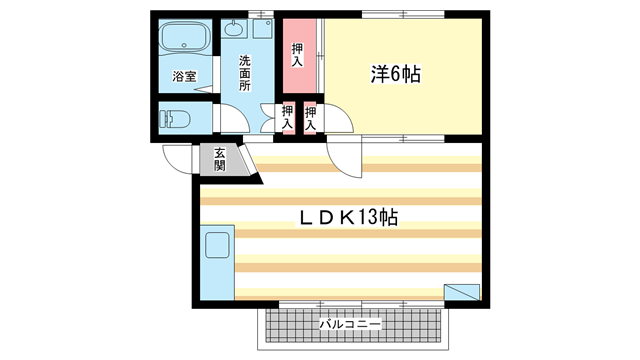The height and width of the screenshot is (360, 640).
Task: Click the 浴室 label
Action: point(183,76)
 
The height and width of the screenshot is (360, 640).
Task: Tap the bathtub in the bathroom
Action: point(183,40)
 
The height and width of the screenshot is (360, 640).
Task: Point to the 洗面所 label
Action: point(244,73)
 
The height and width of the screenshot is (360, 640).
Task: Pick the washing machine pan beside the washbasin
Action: point(262,29)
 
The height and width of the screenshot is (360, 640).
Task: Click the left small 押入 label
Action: point(288,118)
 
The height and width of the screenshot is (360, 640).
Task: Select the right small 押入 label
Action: point(311,118)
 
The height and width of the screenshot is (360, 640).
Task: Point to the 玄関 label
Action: point(219,159)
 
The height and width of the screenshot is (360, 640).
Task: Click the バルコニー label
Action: point(349,325)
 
